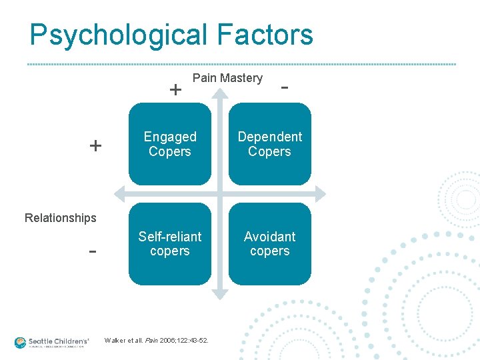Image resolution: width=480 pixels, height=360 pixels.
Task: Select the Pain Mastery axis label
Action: click(x=227, y=78)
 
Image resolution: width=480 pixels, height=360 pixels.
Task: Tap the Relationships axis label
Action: click(x=60, y=218)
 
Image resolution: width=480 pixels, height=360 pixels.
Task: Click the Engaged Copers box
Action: click(x=170, y=144)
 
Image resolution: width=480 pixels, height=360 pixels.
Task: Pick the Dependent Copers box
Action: click(x=269, y=144)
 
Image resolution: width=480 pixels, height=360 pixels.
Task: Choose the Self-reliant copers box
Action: click(x=170, y=244)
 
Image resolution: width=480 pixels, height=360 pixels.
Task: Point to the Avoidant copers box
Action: click(x=269, y=244)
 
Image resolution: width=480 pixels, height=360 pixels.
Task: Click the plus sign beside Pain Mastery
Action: click(x=175, y=89)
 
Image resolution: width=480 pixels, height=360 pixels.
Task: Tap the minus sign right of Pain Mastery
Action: click(x=285, y=87)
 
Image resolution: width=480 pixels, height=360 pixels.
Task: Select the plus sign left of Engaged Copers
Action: click(x=96, y=145)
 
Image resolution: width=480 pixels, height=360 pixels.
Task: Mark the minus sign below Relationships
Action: click(x=93, y=252)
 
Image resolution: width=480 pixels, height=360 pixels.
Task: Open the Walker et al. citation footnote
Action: click(x=156, y=341)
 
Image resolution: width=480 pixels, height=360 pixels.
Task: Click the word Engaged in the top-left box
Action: click(x=170, y=137)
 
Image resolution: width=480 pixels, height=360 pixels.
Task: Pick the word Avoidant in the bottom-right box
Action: click(x=269, y=237)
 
